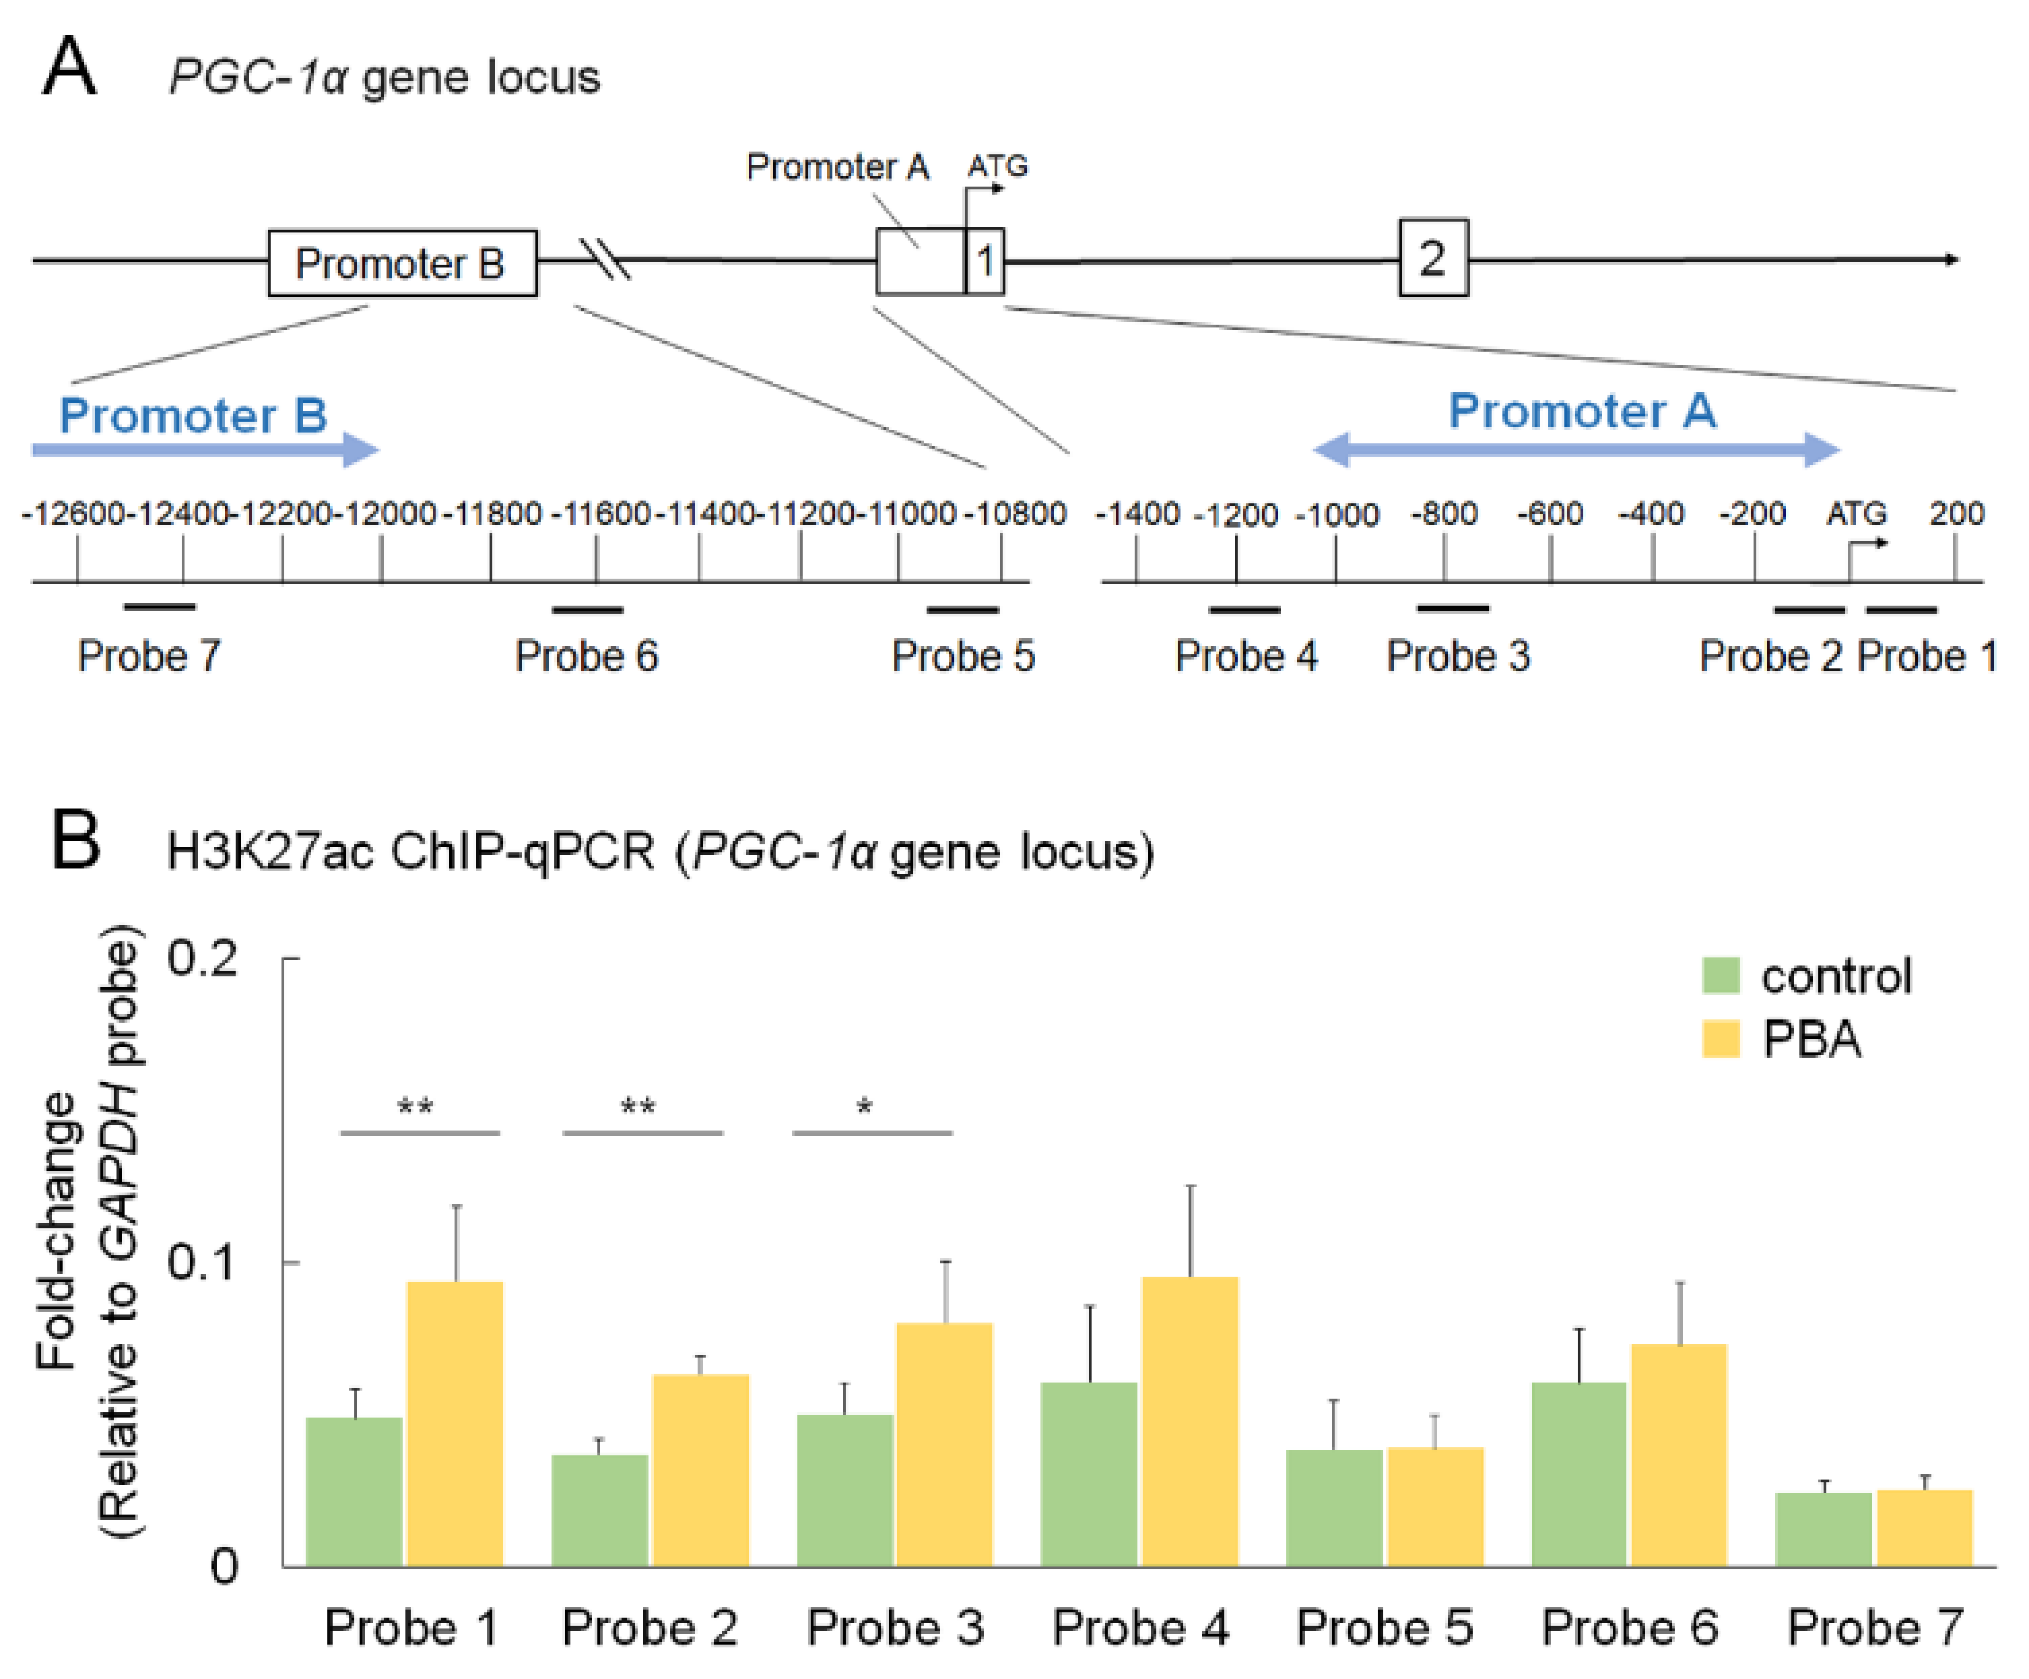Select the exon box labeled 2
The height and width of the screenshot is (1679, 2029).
pos(1433,258)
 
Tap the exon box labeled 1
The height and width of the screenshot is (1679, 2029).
pos(985,261)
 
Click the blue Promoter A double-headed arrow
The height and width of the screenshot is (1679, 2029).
pos(1576,449)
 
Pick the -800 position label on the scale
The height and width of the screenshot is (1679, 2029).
pos(1444,513)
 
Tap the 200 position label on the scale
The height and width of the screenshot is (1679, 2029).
pos(1956,513)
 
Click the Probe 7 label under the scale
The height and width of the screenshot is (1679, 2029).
pos(149,656)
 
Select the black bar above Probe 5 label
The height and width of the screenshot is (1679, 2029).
pos(962,610)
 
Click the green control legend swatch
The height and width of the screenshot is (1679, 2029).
pos(1720,976)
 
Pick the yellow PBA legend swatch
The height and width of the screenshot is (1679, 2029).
pos(1720,1039)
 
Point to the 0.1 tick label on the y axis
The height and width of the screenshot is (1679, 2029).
pos(201,1263)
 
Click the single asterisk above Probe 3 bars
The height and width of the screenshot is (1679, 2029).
pos(865,1108)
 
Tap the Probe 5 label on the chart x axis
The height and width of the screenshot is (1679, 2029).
pos(1384,1628)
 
